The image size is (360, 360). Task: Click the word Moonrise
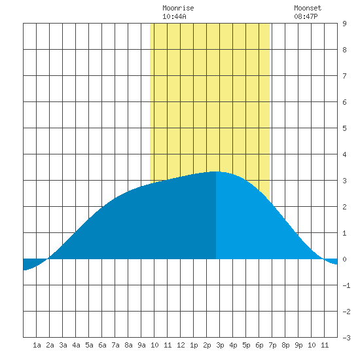point(178,8)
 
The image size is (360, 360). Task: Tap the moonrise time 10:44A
point(174,16)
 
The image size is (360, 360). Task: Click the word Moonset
point(308,8)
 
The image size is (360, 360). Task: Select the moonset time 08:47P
point(306,16)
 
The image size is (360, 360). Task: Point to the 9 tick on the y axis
point(344,24)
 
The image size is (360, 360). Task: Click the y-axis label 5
point(344,128)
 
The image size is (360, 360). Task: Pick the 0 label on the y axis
point(344,259)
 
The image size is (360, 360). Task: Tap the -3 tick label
point(346,338)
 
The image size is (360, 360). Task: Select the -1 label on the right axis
point(346,285)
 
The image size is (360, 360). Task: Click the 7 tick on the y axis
point(344,76)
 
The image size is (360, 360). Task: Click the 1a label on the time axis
point(37,345)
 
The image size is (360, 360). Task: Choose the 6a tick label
point(102,345)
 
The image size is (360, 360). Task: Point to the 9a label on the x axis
point(141,345)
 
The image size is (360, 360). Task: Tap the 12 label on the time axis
point(181,345)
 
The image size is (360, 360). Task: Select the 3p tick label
point(220,345)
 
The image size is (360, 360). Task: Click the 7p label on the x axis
point(272,345)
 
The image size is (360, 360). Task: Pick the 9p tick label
point(298,345)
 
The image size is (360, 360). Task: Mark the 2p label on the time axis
point(207,345)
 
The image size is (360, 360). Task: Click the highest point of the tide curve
point(216,171)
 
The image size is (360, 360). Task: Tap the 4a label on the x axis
point(76,345)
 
